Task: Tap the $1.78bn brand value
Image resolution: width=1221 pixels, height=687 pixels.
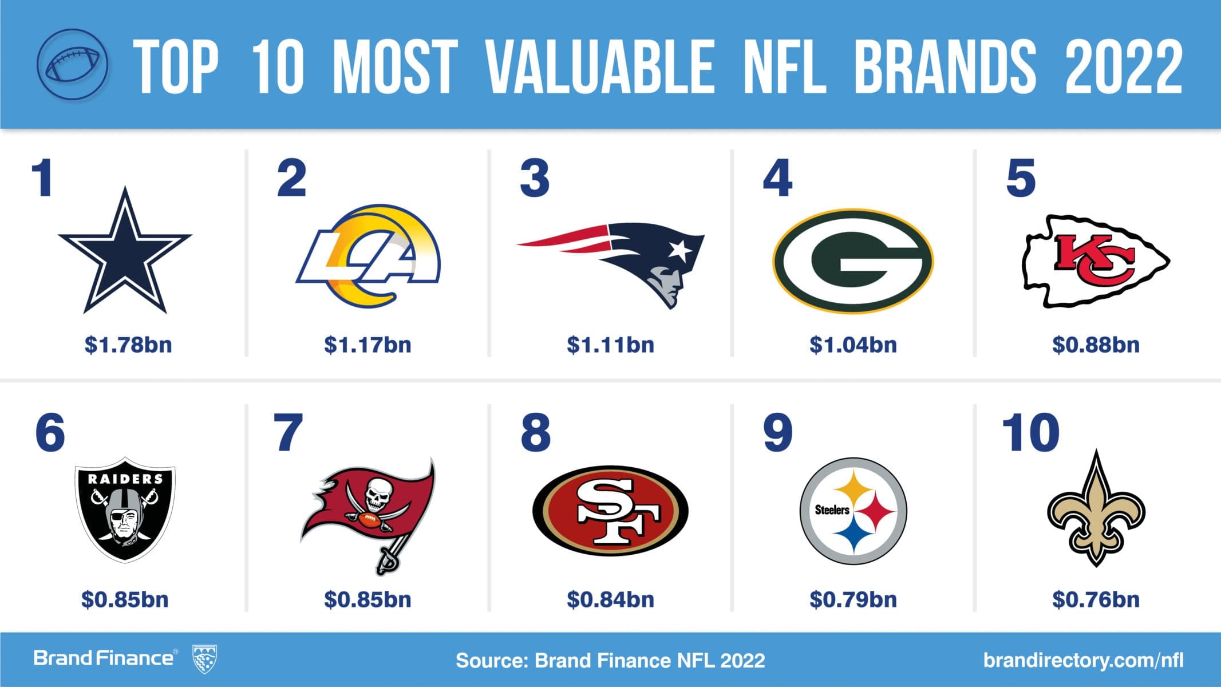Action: [128, 345]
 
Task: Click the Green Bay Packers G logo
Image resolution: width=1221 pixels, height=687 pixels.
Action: [853, 260]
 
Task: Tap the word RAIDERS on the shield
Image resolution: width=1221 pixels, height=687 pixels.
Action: [125, 479]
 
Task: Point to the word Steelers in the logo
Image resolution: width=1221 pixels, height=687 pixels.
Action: [832, 510]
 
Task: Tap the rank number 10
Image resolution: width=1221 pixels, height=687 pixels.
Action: [1030, 433]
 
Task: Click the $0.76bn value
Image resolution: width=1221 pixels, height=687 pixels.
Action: [1096, 599]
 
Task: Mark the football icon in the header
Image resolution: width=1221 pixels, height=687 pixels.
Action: [72, 64]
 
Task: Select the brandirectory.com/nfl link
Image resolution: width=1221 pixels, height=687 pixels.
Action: [1083, 660]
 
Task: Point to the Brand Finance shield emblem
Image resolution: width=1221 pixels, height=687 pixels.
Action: [205, 658]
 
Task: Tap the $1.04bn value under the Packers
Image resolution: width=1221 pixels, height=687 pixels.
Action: [853, 345]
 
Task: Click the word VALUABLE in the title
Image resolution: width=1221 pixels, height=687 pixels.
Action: [600, 66]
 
